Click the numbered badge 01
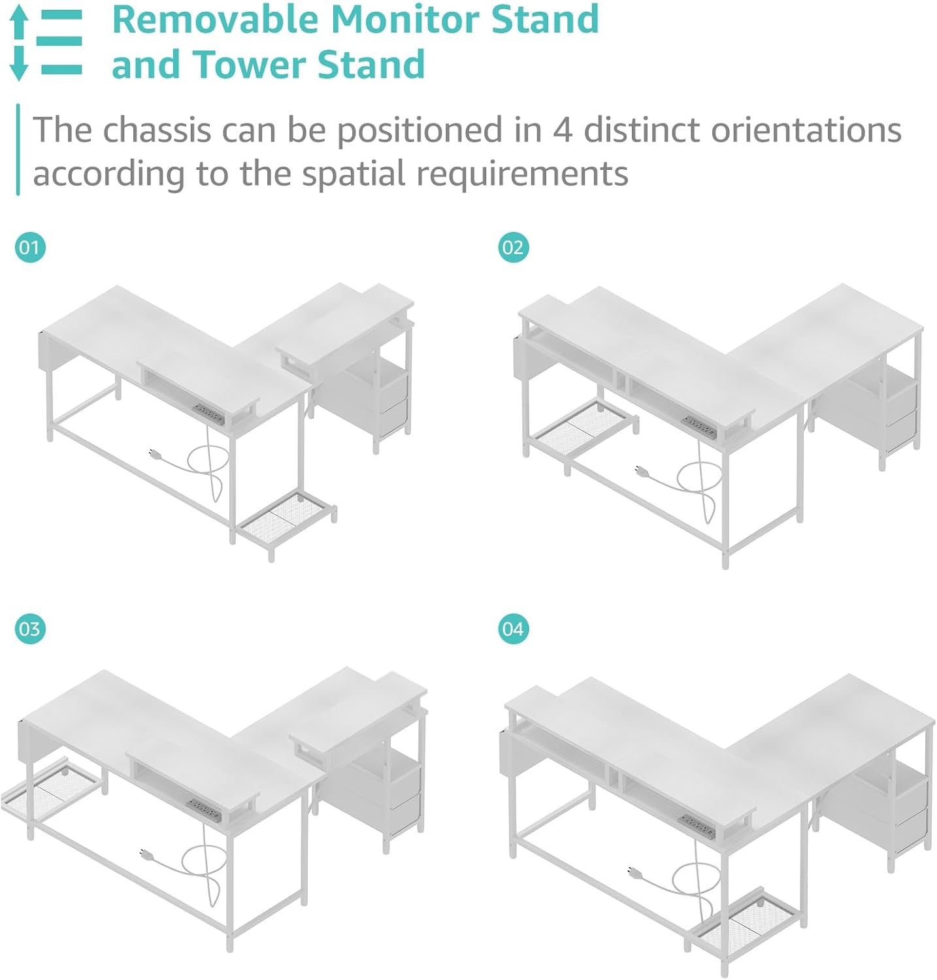30,248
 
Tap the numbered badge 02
513,248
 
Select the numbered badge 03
30,629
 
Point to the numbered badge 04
513,629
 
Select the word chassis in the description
157,129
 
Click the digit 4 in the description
563,130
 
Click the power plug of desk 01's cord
155,453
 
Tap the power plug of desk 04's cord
633,871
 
